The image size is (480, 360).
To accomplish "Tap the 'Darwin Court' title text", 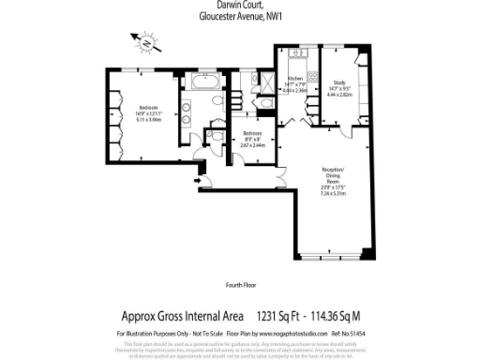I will (239, 6).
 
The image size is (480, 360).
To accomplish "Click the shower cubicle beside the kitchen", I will (268, 82).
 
